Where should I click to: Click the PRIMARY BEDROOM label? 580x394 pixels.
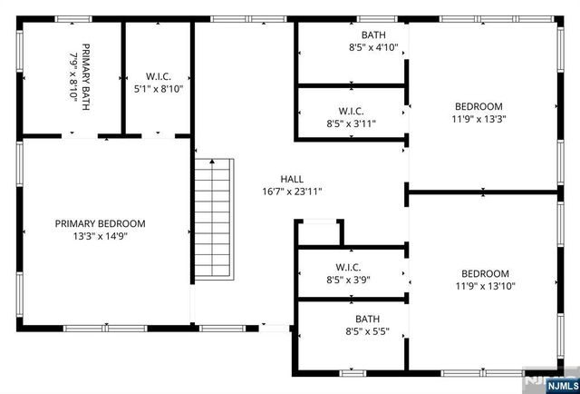click(x=100, y=223)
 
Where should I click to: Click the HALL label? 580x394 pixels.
click(x=292, y=179)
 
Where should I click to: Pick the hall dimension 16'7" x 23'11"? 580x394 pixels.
click(x=292, y=192)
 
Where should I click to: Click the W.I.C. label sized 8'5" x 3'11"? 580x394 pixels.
click(x=350, y=111)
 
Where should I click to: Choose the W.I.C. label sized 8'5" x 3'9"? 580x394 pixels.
click(x=349, y=268)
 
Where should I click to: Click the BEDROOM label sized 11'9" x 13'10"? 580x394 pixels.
click(x=485, y=273)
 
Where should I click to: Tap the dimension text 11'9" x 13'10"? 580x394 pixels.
click(x=485, y=286)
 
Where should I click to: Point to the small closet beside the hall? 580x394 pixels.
click(x=319, y=232)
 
